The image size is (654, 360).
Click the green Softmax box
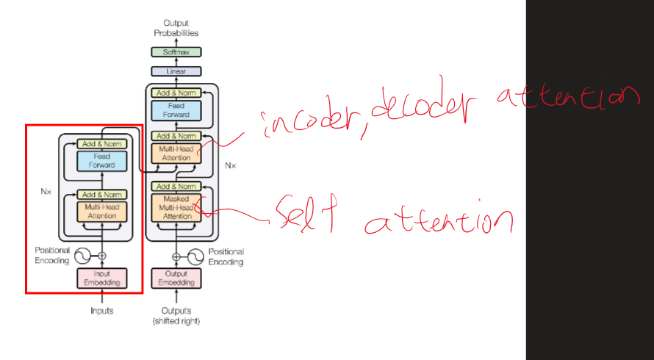pyautogui.click(x=176, y=52)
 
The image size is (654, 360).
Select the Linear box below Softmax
pyautogui.click(x=176, y=71)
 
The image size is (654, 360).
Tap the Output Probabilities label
pyautogui.click(x=176, y=28)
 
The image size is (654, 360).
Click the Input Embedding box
pyautogui.click(x=102, y=278)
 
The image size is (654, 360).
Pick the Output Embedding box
pyautogui.click(x=176, y=278)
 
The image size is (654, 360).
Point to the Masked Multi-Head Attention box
pyautogui.click(x=176, y=208)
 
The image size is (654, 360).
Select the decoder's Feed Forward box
pyautogui.click(x=176, y=110)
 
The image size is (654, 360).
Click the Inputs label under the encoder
pyautogui.click(x=102, y=311)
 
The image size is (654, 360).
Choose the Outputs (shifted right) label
pyautogui.click(x=176, y=316)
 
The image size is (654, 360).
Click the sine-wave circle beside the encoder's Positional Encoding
pyautogui.click(x=82, y=256)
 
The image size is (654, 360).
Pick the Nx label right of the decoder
pyautogui.click(x=230, y=166)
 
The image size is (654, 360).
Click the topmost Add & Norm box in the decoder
pyautogui.click(x=176, y=93)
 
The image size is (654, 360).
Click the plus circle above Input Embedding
pyautogui.click(x=102, y=256)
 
